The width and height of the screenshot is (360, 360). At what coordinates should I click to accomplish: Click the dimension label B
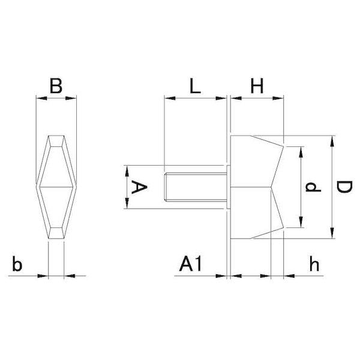(56, 86)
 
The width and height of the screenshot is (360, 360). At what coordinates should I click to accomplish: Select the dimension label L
(195, 86)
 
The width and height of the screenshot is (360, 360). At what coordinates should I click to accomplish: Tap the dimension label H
(257, 86)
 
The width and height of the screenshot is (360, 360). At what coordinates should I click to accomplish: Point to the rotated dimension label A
(139, 187)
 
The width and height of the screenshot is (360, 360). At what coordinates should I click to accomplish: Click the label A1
(191, 264)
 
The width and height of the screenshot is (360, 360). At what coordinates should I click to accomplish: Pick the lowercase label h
(314, 264)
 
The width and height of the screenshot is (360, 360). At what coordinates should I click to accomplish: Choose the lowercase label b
(17, 264)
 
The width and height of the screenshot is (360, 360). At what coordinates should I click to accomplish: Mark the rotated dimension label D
(344, 187)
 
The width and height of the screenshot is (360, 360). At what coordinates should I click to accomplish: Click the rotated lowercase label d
(313, 187)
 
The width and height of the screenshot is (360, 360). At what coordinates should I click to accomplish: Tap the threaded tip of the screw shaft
(166, 187)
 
